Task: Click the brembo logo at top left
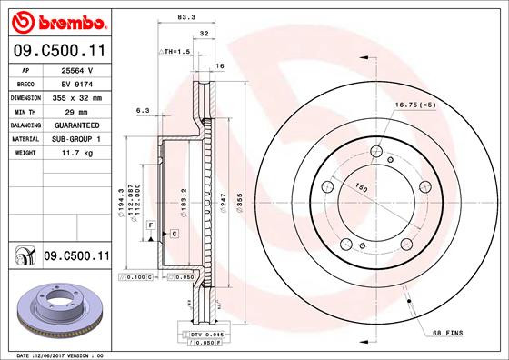point(56,20)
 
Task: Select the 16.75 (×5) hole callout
point(415,105)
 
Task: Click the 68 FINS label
point(446,333)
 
